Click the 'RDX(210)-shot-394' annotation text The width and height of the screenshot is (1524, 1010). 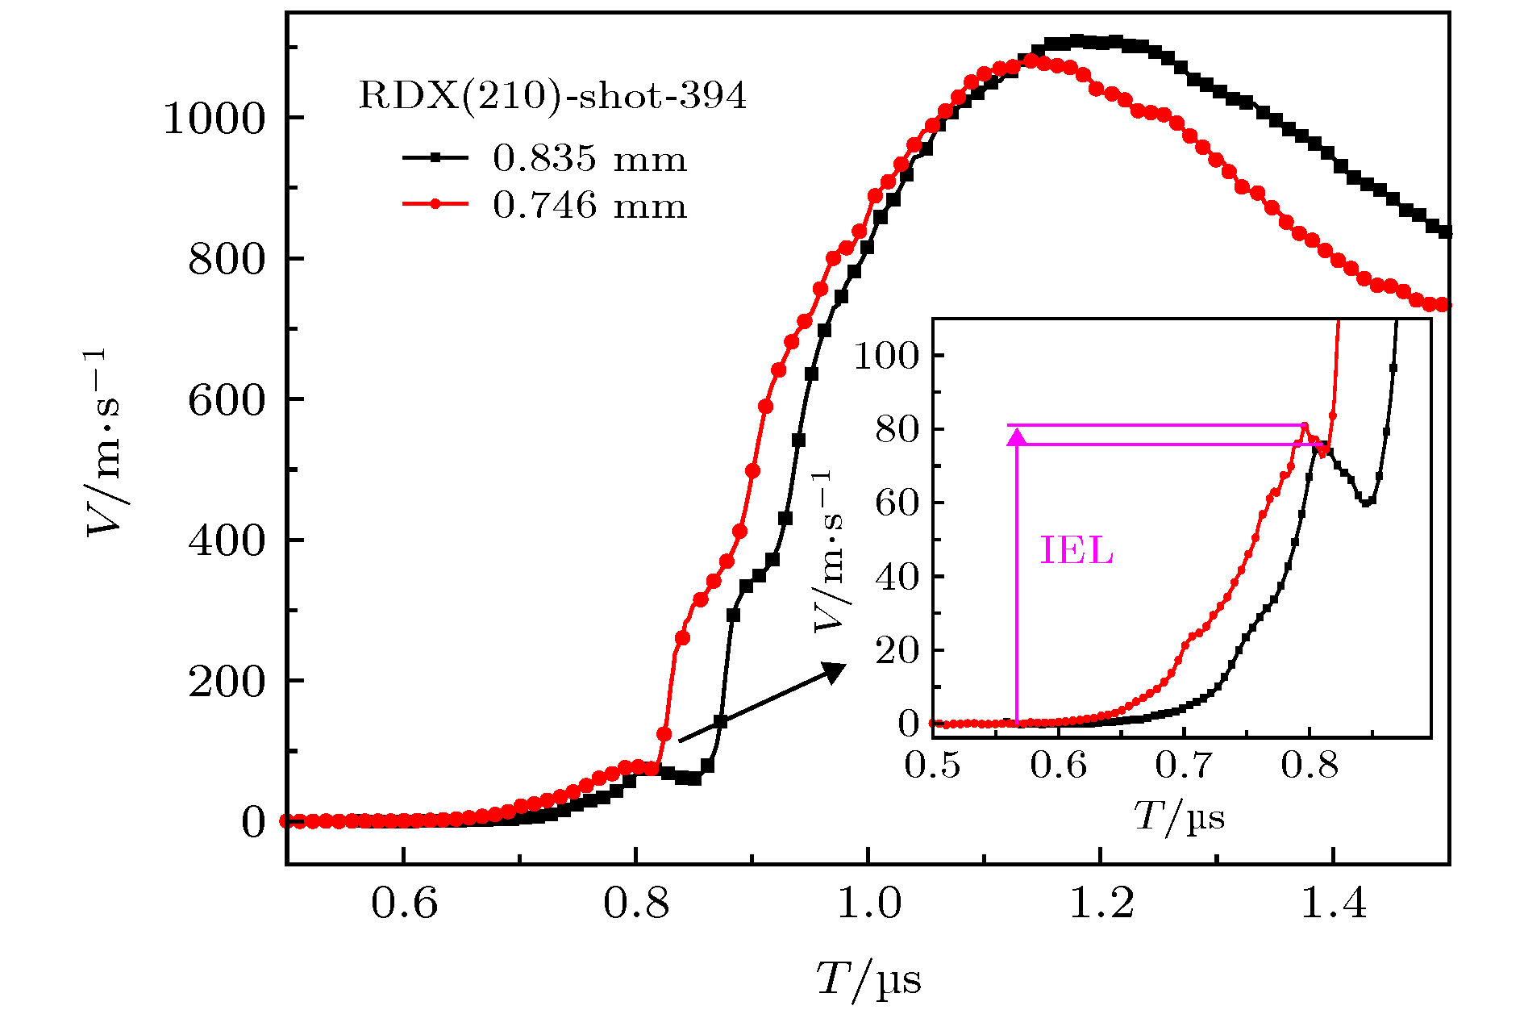(x=552, y=97)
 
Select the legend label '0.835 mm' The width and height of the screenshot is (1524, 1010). (x=589, y=159)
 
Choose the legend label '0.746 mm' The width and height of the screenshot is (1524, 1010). (x=589, y=206)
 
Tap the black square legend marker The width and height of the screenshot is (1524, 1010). (x=435, y=158)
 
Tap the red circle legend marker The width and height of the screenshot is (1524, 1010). (x=435, y=204)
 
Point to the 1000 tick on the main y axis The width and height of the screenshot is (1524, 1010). (x=214, y=119)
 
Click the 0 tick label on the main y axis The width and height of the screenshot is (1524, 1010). (x=253, y=822)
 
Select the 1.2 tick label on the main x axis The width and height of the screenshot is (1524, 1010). (x=1101, y=904)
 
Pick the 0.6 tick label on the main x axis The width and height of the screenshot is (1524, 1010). (x=404, y=904)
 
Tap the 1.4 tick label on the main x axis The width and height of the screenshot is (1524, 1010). (x=1334, y=904)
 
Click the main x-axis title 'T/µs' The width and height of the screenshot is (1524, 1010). (x=868, y=979)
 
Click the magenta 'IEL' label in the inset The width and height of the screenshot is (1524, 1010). (x=1076, y=552)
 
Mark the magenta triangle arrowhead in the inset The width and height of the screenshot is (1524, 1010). (x=1018, y=436)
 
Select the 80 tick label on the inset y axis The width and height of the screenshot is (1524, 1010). (x=896, y=429)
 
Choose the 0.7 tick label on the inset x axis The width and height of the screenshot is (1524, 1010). (x=1183, y=764)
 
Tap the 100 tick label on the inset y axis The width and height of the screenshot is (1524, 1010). (x=886, y=355)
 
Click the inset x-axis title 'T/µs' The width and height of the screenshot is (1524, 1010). (x=1179, y=817)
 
